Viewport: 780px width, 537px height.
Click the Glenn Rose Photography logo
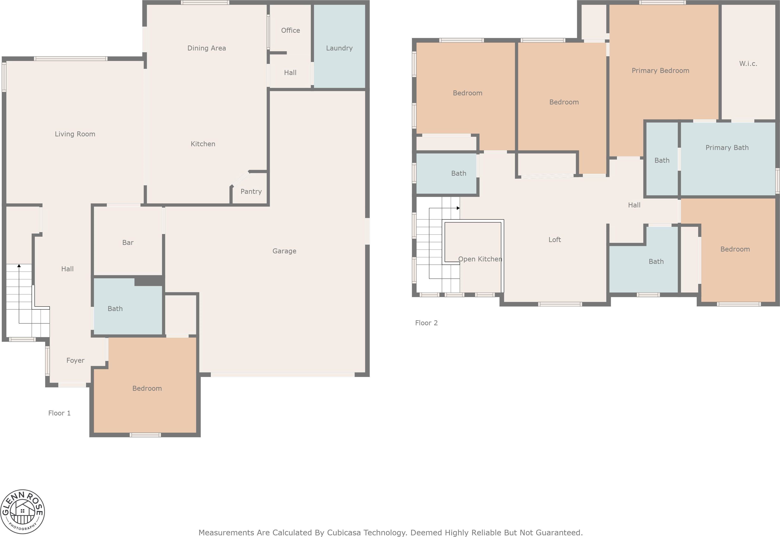[22, 511]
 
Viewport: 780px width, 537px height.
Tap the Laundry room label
[339, 48]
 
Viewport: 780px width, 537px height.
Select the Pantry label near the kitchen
[251, 191]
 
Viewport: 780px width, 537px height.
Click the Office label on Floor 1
[290, 30]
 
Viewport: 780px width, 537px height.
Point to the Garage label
[284, 251]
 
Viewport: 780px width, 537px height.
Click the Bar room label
[128, 243]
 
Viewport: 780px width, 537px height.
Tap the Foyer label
[75, 360]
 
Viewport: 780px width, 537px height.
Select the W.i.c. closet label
[748, 64]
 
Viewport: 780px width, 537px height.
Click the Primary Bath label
[727, 148]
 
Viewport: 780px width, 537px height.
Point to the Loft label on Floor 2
[554, 240]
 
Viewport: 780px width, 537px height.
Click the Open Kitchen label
[480, 259]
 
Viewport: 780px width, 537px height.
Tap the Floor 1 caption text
[59, 413]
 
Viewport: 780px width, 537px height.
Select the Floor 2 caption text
[426, 323]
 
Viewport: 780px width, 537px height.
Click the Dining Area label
[206, 48]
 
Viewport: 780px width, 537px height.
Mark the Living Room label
[75, 134]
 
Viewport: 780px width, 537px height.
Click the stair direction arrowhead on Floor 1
[19, 266]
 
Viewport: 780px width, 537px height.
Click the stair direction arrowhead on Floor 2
[458, 208]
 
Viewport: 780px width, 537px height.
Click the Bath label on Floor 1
[115, 309]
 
